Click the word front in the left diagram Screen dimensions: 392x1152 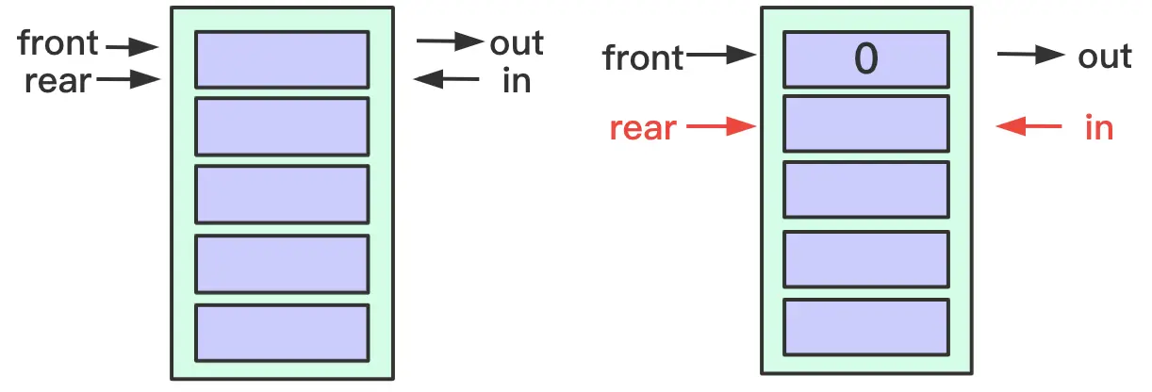click(58, 43)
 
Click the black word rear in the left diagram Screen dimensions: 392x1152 click(58, 81)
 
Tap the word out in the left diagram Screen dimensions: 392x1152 click(517, 42)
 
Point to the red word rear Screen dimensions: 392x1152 click(643, 127)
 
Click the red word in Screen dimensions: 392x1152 click(1099, 127)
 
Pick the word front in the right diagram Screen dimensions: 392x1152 click(644, 58)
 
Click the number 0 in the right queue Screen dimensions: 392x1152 click(865, 59)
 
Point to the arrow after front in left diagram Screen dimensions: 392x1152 click(131, 44)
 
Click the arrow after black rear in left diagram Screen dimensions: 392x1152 click(128, 81)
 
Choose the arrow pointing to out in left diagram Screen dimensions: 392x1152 click(449, 41)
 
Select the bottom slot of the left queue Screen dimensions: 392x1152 click(282, 332)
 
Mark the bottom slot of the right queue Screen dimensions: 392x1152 click(865, 327)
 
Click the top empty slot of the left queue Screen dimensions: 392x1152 click(282, 58)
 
